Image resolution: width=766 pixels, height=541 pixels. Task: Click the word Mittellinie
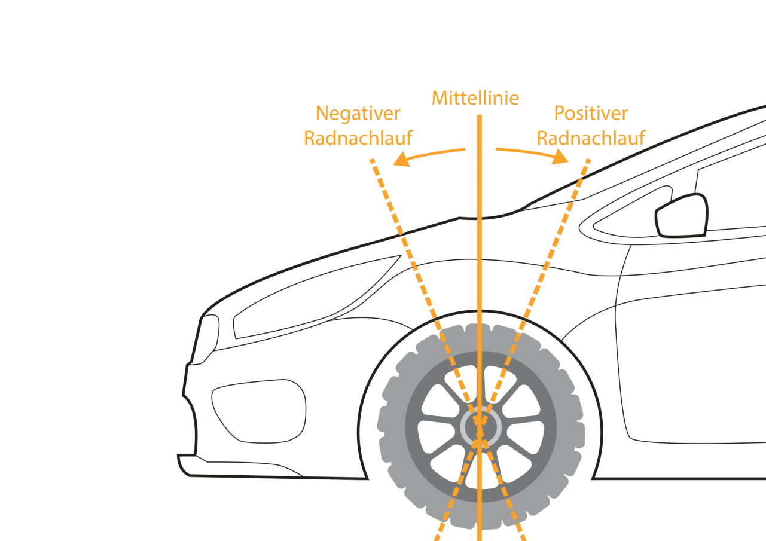click(x=475, y=98)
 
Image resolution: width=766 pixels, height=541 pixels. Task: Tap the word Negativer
click(x=358, y=113)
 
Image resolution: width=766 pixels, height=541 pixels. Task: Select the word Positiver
click(x=591, y=113)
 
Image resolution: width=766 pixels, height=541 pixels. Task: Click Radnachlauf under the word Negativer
click(x=358, y=138)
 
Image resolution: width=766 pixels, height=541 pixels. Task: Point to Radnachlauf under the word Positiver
click(x=591, y=138)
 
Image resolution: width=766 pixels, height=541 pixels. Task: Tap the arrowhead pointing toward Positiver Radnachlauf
click(x=560, y=157)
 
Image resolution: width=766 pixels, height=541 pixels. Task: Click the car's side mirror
click(x=682, y=216)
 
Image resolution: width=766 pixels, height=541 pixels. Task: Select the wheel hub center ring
click(x=480, y=426)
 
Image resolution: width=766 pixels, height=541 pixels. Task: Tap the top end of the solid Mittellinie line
click(x=479, y=116)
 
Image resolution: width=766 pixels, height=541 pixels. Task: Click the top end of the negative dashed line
click(x=372, y=161)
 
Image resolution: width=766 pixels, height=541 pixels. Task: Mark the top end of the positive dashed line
click(x=589, y=161)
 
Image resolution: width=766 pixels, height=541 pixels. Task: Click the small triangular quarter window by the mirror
click(x=628, y=218)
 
